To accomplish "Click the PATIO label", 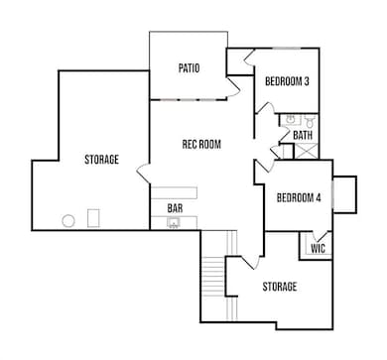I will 189,68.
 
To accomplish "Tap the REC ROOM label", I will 200,144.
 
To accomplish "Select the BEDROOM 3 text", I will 287,81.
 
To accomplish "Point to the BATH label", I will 303,135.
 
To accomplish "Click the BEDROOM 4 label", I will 299,196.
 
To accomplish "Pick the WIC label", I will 318,248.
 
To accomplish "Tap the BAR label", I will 175,208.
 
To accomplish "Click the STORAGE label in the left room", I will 100,159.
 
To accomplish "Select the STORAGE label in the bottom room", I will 279,287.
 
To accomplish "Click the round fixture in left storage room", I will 69,220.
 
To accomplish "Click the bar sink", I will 173,223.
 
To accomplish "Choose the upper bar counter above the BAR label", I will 174,191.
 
